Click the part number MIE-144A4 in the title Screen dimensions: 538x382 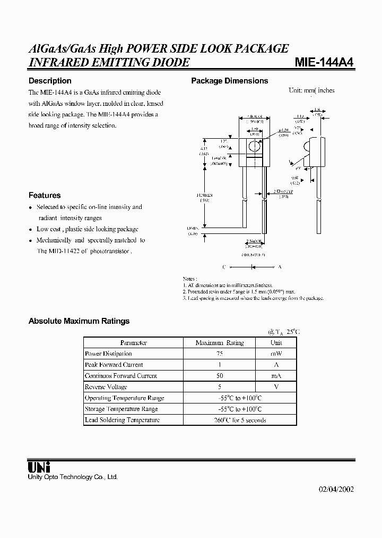coord(324,62)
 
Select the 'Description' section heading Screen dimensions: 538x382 coord(49,81)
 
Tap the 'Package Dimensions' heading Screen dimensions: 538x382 coord(229,81)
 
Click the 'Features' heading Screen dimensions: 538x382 coord(45,195)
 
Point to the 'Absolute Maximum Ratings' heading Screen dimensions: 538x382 coord(79,321)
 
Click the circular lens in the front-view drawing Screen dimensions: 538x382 coord(254,145)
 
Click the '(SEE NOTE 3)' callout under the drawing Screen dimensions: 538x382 coord(253,255)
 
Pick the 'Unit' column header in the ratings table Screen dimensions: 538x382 coord(276,343)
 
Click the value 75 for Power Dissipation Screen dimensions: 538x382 coord(220,354)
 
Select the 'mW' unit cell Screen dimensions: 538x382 coord(276,354)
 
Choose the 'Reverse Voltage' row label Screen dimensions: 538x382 coord(106,387)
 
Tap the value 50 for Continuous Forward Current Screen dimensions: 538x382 coord(220,376)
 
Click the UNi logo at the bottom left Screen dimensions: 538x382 coord(39,467)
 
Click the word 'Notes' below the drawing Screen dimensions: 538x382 coord(189,279)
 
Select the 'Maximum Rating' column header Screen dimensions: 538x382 coord(220,343)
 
